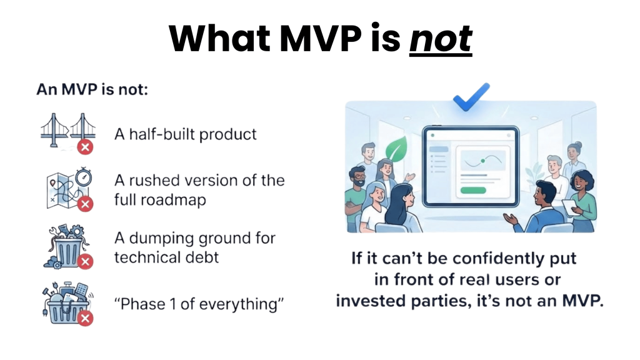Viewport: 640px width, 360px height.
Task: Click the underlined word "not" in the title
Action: tap(440, 38)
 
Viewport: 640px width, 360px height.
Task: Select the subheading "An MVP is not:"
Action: tap(92, 89)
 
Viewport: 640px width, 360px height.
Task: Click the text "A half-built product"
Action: tap(185, 134)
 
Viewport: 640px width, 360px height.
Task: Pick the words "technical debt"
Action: tap(166, 257)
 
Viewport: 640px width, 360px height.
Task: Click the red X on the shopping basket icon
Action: tap(85, 318)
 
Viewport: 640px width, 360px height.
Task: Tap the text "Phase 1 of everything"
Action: tap(199, 304)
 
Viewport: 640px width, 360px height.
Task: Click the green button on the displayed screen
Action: tap(473, 190)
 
